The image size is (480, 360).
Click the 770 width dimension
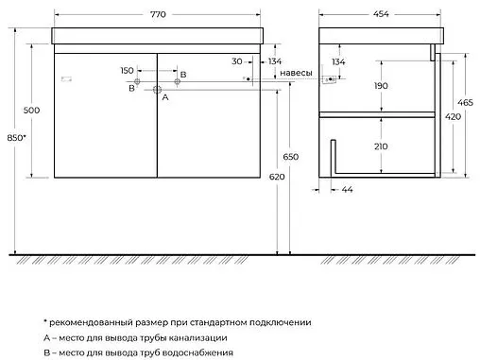[x=157, y=6]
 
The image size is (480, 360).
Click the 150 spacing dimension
[x=127, y=71]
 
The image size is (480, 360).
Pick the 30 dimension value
[x=237, y=61]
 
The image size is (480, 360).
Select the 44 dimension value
[x=348, y=191]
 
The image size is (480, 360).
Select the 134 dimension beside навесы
[x=275, y=61]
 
